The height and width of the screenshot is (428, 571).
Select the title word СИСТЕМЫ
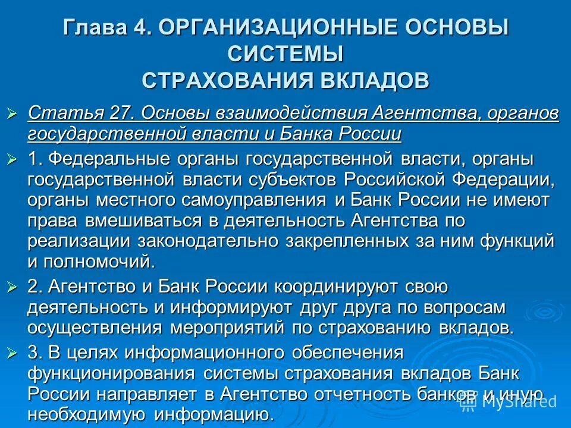click(285, 53)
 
